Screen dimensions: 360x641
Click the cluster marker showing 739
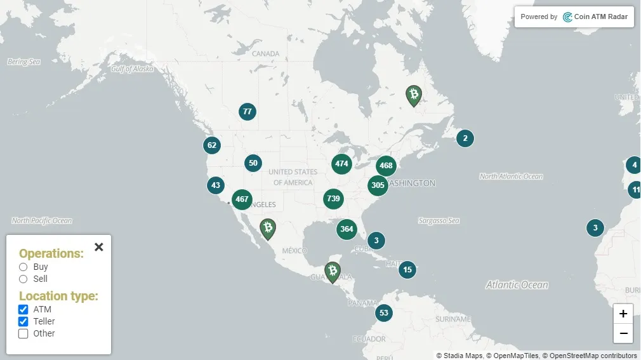pyautogui.click(x=333, y=199)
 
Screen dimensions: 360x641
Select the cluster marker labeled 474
pyautogui.click(x=341, y=164)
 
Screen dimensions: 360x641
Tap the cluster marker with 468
pyautogui.click(x=386, y=166)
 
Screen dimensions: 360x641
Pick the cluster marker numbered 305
pyautogui.click(x=378, y=185)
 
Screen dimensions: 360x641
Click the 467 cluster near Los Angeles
pyautogui.click(x=242, y=199)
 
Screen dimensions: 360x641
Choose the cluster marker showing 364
pyautogui.click(x=347, y=229)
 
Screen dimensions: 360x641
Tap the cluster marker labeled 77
pyautogui.click(x=248, y=112)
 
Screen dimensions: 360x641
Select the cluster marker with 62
pyautogui.click(x=212, y=145)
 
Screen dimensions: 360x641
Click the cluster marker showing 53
pyautogui.click(x=383, y=313)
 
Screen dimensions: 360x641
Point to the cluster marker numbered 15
pyautogui.click(x=407, y=270)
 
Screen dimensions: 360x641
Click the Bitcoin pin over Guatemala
pyautogui.click(x=332, y=272)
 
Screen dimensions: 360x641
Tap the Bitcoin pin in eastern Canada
pyautogui.click(x=414, y=95)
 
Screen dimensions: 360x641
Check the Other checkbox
pyautogui.click(x=23, y=333)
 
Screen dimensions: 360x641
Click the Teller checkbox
pyautogui.click(x=23, y=321)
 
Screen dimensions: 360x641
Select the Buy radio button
pyautogui.click(x=23, y=267)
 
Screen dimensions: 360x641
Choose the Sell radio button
pyautogui.click(x=23, y=279)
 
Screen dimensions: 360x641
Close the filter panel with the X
pyautogui.click(x=98, y=247)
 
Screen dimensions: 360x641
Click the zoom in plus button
pyautogui.click(x=623, y=314)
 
